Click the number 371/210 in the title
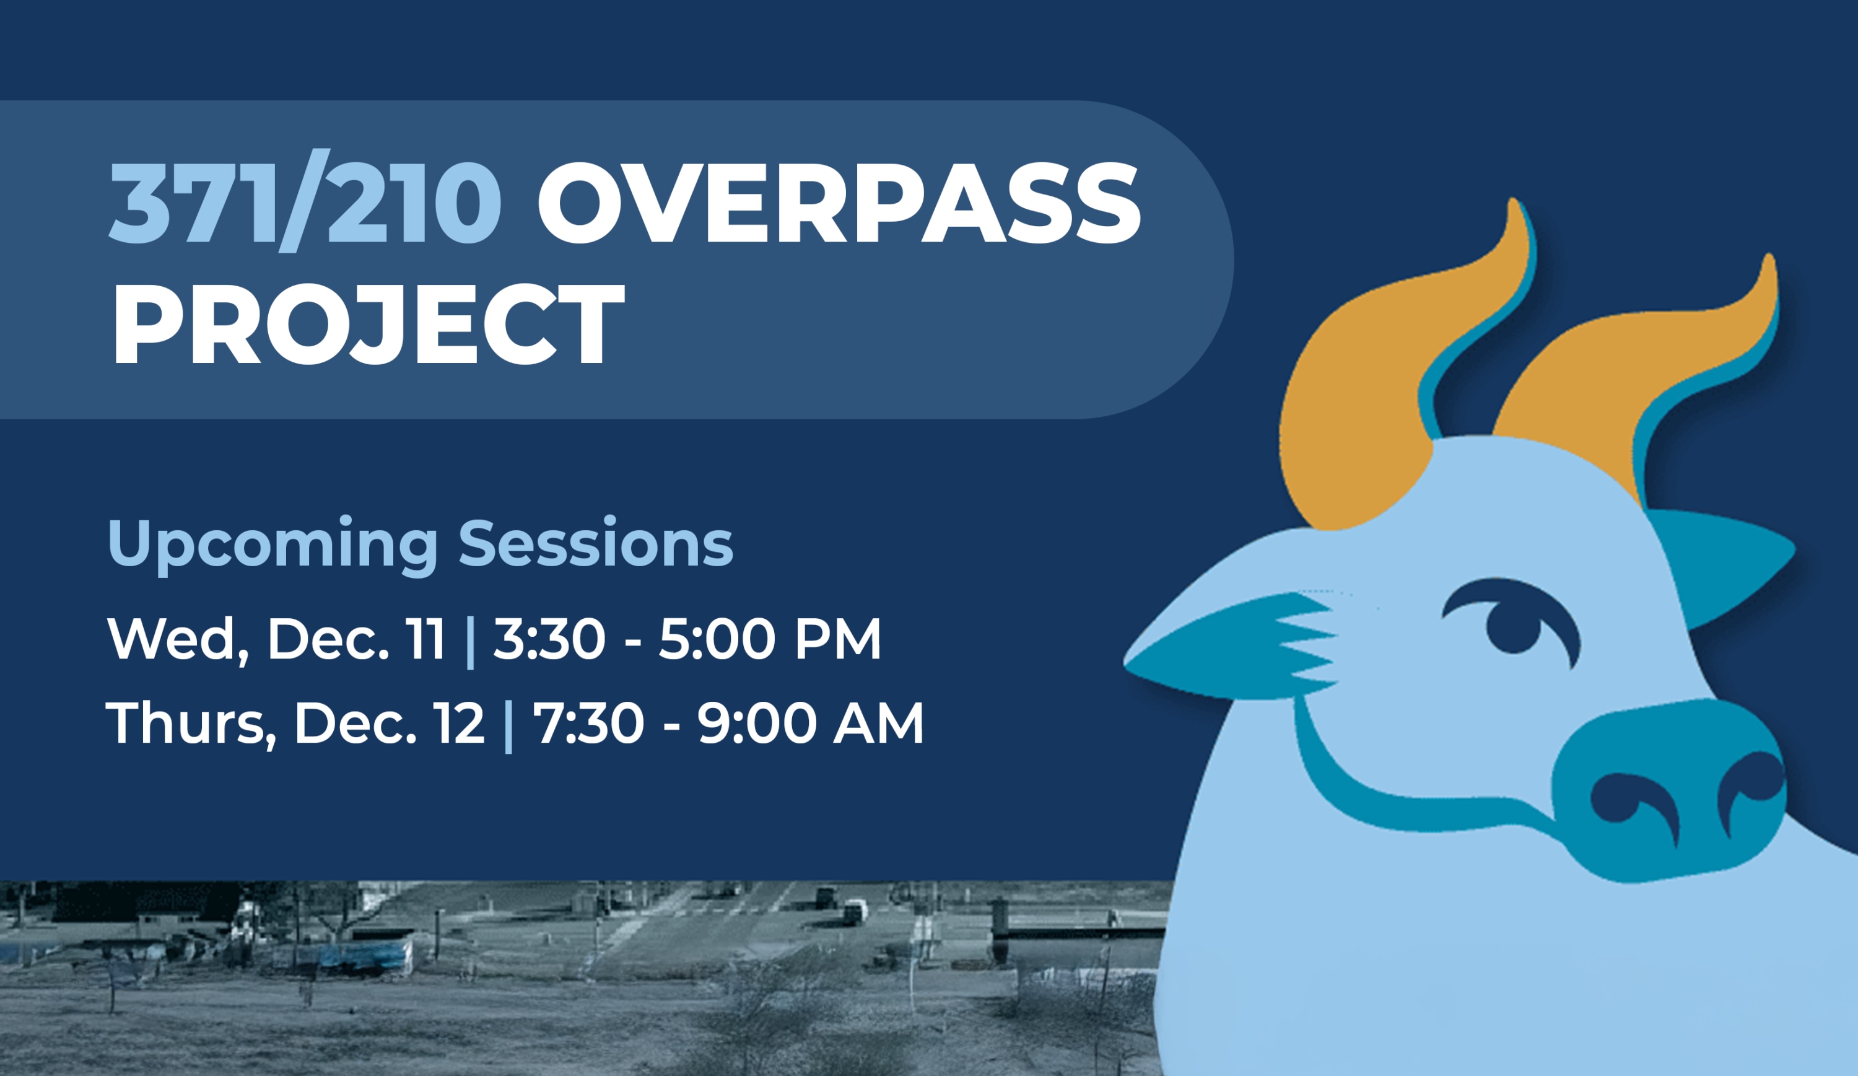click(305, 201)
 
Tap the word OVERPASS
click(839, 202)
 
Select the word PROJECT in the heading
click(368, 325)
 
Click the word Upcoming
click(273, 546)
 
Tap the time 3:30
click(549, 639)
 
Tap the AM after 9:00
click(878, 723)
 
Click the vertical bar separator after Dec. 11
click(471, 642)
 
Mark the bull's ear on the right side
click(1718, 561)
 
